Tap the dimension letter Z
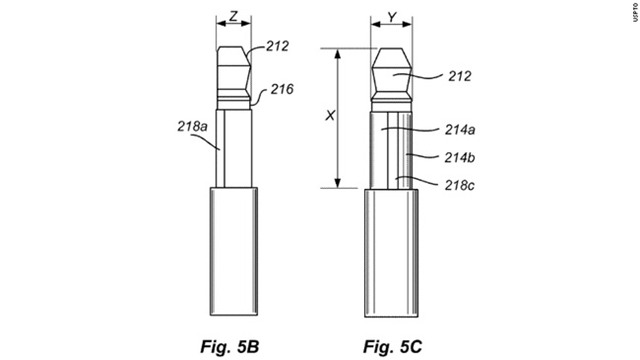pos(234,17)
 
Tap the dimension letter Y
pos(391,17)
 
